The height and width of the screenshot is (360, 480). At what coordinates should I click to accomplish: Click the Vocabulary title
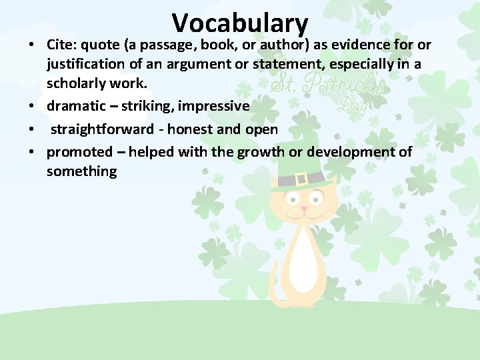click(x=240, y=23)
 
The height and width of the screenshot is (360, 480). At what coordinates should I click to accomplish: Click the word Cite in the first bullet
click(x=61, y=45)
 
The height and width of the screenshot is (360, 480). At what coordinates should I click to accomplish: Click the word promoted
click(x=79, y=152)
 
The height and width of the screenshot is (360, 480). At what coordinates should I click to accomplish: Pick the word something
click(x=81, y=172)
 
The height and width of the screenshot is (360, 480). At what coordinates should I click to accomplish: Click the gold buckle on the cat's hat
click(x=301, y=179)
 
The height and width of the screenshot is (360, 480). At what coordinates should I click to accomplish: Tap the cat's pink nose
click(x=304, y=209)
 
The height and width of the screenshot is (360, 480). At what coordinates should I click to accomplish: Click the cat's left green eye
click(x=292, y=199)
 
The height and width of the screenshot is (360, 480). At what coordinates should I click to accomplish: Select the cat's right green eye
click(x=317, y=199)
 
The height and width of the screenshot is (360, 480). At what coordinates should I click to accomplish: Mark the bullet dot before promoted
click(x=31, y=153)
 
